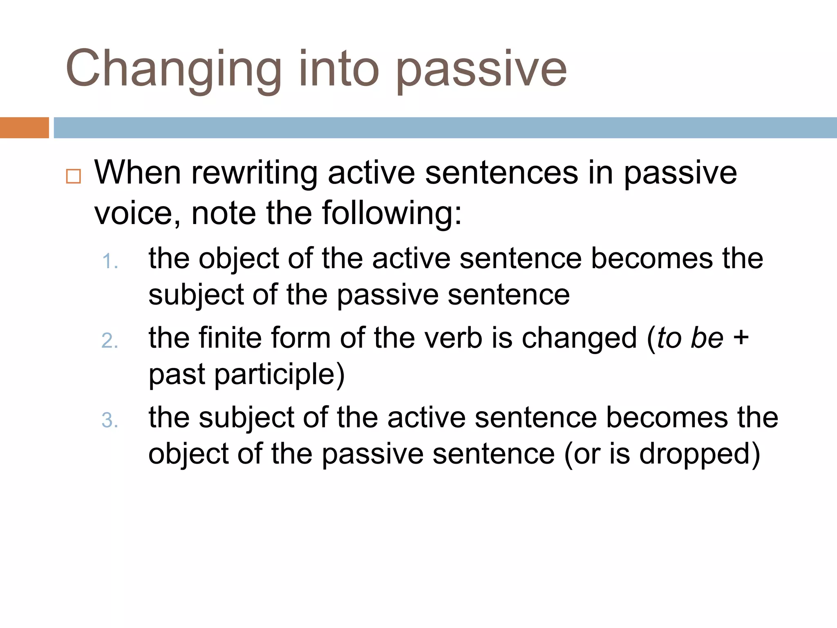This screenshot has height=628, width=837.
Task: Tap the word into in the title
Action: click(339, 68)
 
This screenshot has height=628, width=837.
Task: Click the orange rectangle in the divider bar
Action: click(25, 128)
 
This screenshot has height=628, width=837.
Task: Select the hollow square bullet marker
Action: click(74, 176)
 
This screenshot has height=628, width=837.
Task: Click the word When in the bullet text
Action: click(138, 173)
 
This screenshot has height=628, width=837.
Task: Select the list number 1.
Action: click(110, 261)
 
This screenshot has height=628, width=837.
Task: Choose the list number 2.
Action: click(110, 341)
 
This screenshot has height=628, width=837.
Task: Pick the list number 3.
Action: click(110, 420)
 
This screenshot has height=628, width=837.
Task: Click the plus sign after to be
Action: click(741, 339)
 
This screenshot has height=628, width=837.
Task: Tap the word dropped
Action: click(695, 455)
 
